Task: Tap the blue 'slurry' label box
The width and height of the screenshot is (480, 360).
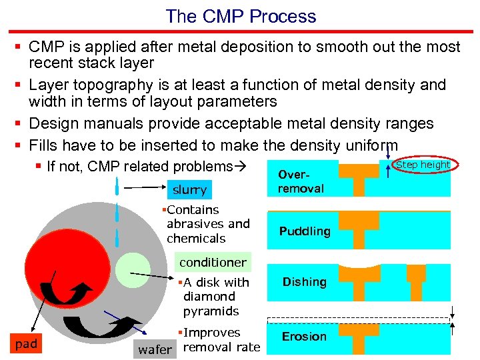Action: pyautogui.click(x=189, y=190)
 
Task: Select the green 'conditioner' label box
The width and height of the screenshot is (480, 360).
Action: pyautogui.click(x=212, y=262)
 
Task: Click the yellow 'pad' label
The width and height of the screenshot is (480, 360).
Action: pyautogui.click(x=26, y=344)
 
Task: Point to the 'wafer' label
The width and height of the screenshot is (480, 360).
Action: pyautogui.click(x=155, y=349)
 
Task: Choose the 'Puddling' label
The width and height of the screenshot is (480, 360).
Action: pyautogui.click(x=305, y=231)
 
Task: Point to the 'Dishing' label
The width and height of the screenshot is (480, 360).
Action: pyautogui.click(x=304, y=282)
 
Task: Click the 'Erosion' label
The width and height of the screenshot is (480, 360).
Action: pyautogui.click(x=304, y=336)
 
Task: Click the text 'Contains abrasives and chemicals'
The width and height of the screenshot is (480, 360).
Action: pyautogui.click(x=207, y=224)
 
